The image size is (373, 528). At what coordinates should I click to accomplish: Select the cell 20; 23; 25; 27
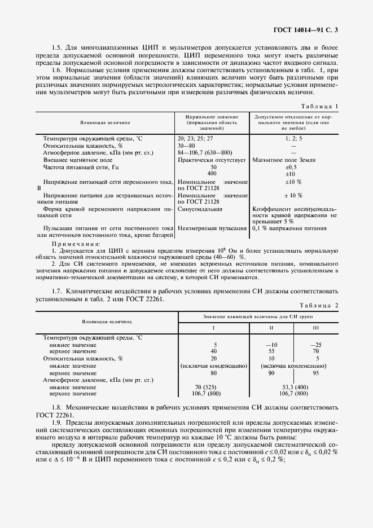[x=196, y=138]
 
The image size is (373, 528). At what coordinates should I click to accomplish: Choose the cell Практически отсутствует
[x=212, y=160]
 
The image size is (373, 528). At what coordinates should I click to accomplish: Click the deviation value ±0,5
[x=291, y=167]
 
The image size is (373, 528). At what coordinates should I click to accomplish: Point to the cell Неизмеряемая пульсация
[x=212, y=228]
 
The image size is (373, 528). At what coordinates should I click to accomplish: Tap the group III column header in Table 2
[x=315, y=328]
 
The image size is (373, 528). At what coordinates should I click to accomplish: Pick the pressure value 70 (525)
[x=214, y=387]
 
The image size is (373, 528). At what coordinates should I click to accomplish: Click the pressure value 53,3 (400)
[x=293, y=387]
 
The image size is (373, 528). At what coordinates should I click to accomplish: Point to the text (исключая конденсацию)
[x=214, y=366]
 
